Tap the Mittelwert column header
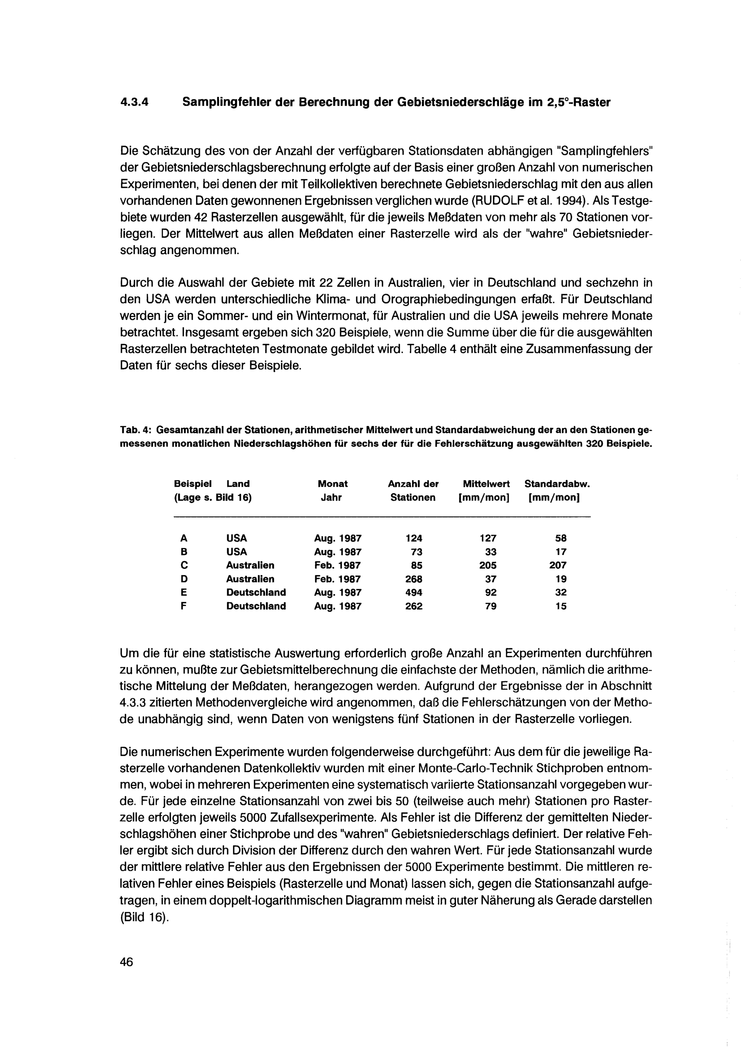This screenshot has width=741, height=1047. (486, 484)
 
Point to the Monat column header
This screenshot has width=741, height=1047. (333, 484)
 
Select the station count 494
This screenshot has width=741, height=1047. (414, 593)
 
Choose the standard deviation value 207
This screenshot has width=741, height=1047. (558, 565)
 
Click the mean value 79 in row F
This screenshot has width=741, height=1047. (491, 606)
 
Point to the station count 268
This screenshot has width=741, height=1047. (414, 579)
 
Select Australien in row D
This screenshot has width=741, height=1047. (250, 579)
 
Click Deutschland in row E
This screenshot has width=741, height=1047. (256, 593)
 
